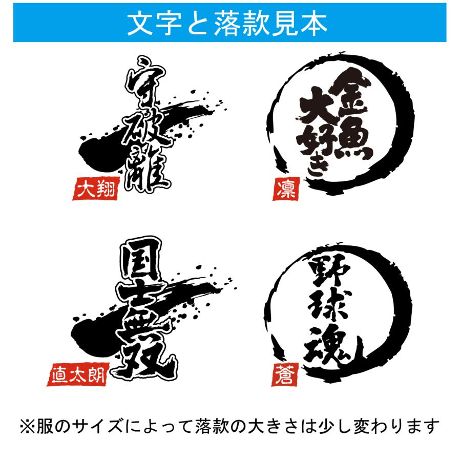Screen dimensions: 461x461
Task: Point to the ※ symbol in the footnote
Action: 29,426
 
